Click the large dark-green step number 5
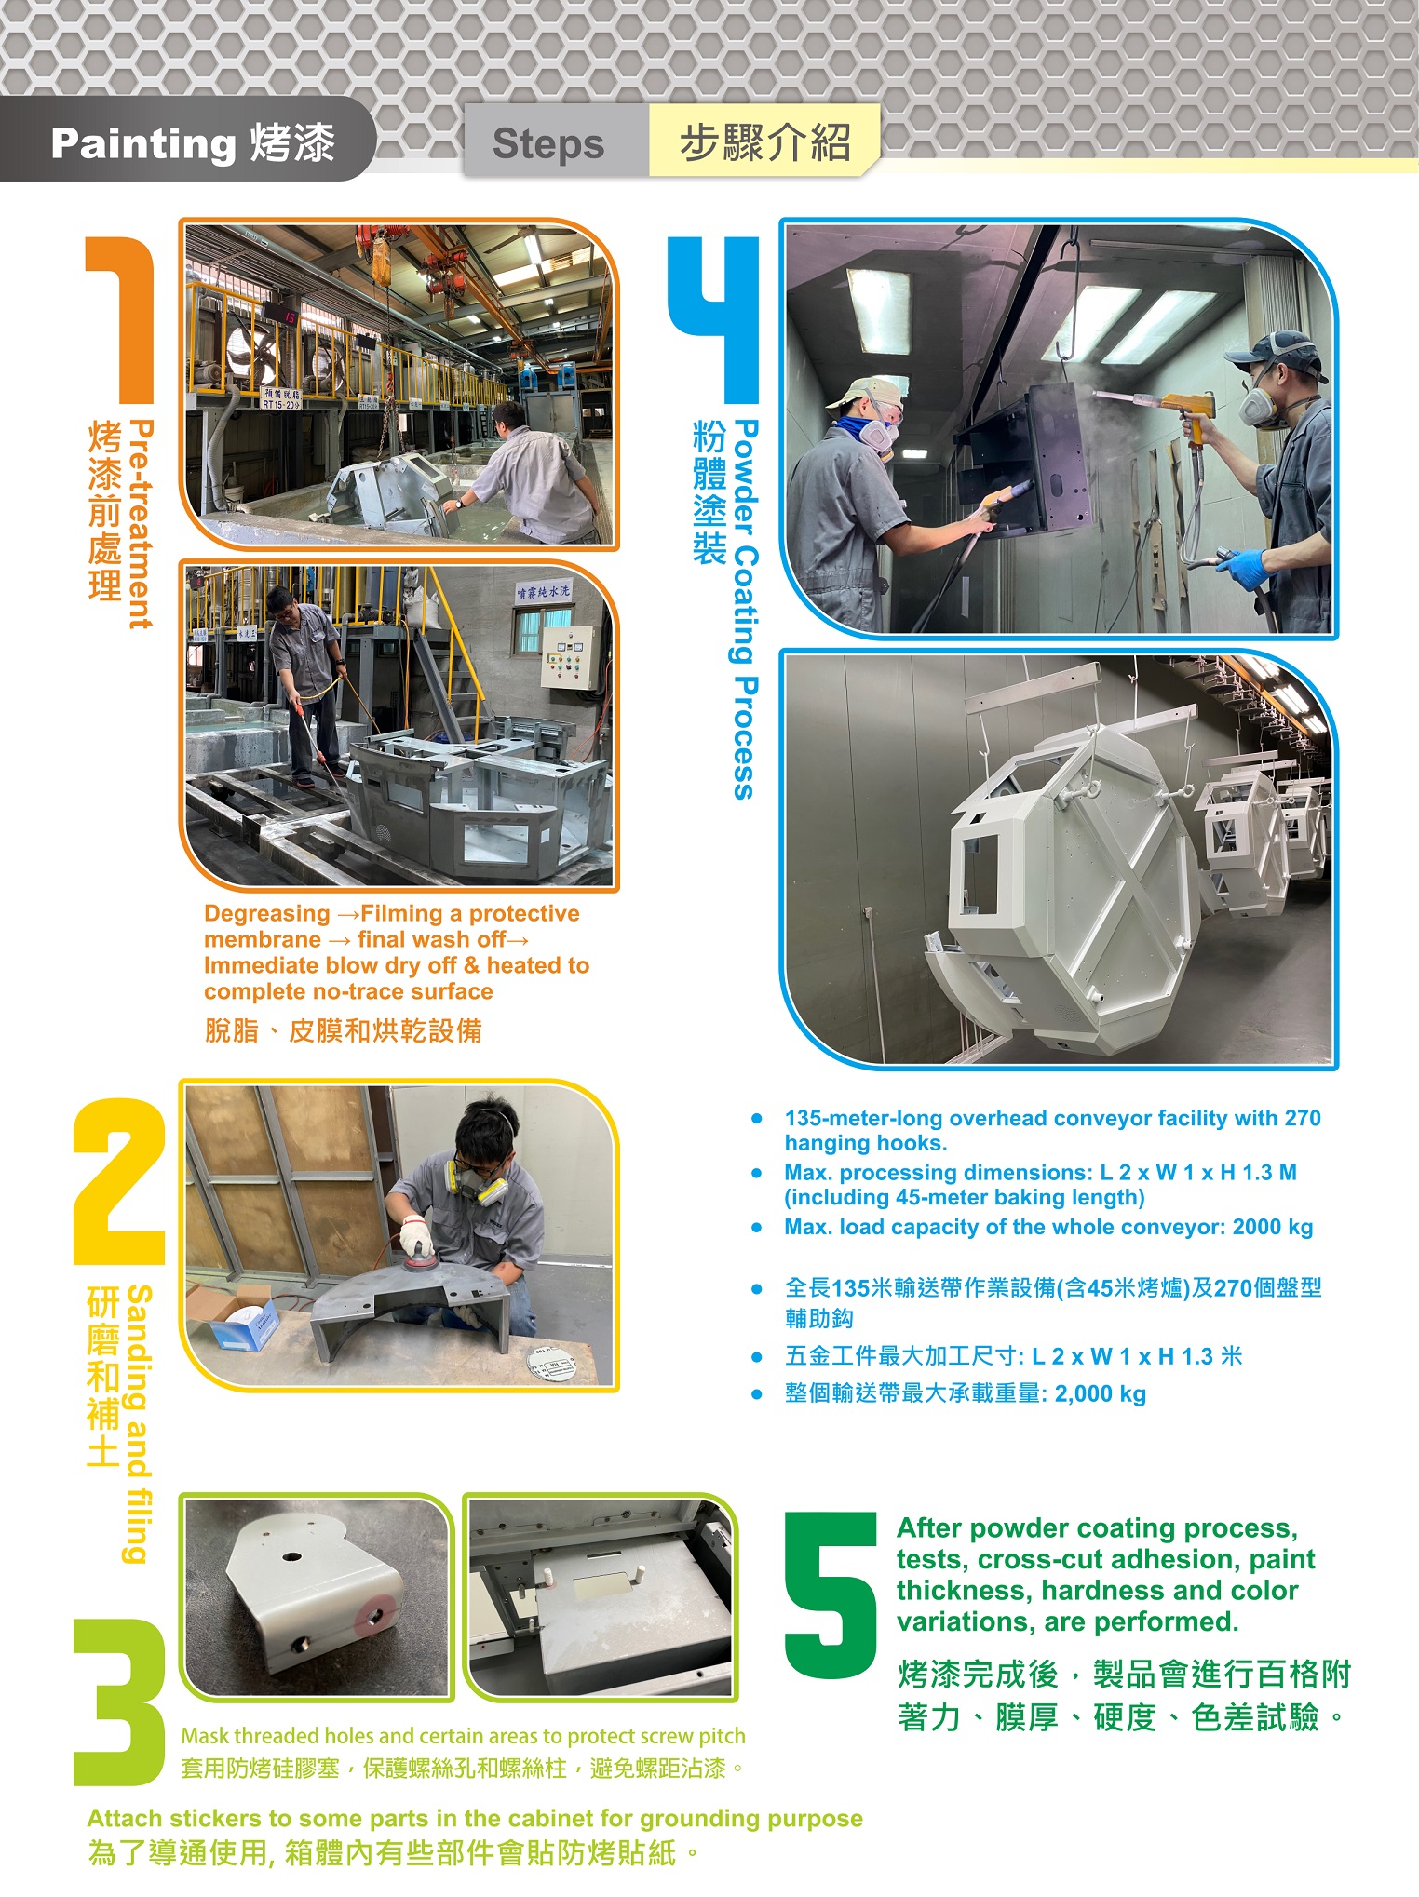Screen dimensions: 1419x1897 [x=831, y=1595]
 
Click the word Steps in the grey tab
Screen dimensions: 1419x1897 [x=548, y=143]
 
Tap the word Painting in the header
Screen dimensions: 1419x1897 [x=143, y=143]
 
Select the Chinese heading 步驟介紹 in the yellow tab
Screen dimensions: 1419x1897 [x=764, y=142]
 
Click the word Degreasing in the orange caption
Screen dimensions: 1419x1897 [x=267, y=913]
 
